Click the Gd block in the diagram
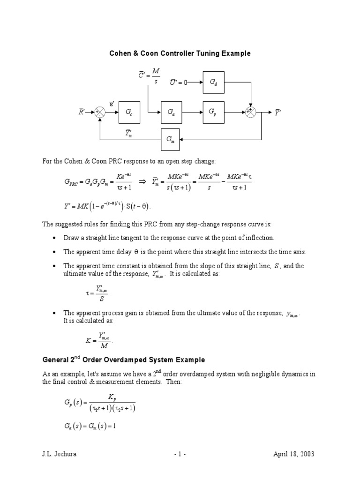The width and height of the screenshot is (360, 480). (x=214, y=82)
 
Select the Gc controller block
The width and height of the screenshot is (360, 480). (x=129, y=112)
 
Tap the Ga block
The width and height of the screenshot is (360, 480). (x=172, y=112)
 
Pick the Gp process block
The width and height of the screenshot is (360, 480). (x=214, y=112)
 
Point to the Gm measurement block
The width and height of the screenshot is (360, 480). (x=172, y=139)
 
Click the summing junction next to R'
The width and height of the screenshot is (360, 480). (x=100, y=112)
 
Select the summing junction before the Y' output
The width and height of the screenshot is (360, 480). (x=251, y=112)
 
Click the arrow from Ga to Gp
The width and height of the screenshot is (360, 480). (x=193, y=112)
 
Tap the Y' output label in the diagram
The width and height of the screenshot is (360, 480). (x=277, y=112)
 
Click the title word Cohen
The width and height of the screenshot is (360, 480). (x=120, y=53)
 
